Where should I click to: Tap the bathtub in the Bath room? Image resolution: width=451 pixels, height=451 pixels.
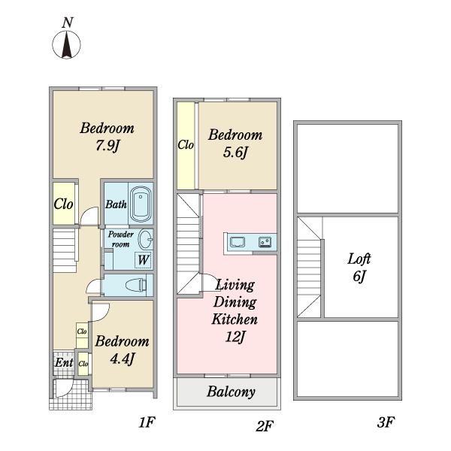point(141,204)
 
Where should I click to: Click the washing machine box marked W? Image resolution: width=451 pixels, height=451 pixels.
point(143,260)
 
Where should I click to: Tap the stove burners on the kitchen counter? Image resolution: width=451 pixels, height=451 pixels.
point(264,242)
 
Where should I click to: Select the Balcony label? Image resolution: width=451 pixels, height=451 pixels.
point(231,392)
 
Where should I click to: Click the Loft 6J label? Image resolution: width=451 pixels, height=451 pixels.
point(359,267)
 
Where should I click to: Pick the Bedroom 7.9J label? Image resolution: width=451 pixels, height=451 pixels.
point(107,136)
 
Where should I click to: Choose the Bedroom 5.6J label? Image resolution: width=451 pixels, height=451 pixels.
point(235,143)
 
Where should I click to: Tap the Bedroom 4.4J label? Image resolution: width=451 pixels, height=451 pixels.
point(122,350)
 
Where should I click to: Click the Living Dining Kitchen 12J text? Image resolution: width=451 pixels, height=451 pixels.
point(235,310)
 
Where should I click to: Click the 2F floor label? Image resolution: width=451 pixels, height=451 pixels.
point(264,425)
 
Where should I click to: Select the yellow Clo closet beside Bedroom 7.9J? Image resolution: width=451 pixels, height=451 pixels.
point(64,203)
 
